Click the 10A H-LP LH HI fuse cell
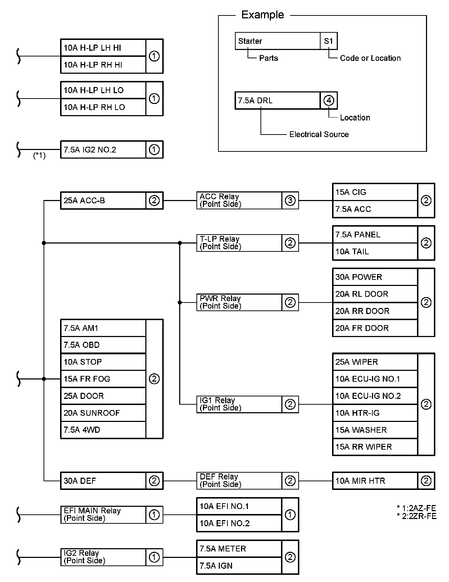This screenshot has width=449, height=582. point(103,48)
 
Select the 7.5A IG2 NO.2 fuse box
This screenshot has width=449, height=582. point(103,150)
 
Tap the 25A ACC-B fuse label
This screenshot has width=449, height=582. point(103,201)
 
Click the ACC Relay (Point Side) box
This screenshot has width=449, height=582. point(239,201)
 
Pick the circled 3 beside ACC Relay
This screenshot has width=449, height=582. point(290,201)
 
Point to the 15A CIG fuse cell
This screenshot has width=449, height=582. point(375,192)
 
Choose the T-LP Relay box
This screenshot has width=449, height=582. point(239,243)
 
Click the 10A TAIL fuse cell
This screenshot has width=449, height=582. point(375,252)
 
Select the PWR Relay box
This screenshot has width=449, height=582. point(239,303)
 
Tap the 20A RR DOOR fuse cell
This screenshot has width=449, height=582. point(375,311)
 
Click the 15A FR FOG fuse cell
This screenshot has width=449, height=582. point(103,379)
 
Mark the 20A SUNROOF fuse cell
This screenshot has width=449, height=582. point(103,413)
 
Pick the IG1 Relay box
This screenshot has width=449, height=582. point(239,404)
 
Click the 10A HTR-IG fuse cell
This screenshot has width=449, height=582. point(375,413)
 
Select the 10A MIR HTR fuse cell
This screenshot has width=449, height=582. point(375,481)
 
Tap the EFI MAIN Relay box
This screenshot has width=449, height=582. point(103,515)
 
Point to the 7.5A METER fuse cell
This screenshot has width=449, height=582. point(239,549)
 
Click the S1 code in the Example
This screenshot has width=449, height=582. point(328,41)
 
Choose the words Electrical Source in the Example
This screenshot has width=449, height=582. point(319,135)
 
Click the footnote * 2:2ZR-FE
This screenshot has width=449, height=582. point(417,517)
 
